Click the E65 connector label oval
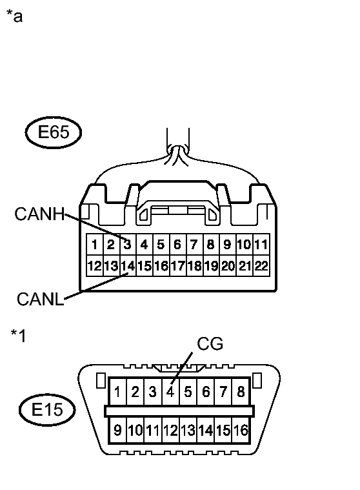(x=54, y=133)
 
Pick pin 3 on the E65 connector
(x=128, y=245)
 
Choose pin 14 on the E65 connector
(x=128, y=265)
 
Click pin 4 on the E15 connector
(x=170, y=391)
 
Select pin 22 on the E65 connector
(x=261, y=265)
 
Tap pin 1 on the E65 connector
(x=94, y=245)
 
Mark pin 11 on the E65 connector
(x=261, y=245)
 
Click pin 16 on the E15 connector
(x=241, y=431)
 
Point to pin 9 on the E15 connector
(x=118, y=431)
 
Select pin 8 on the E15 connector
(x=241, y=391)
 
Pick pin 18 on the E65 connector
(x=194, y=265)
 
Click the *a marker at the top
(x=14, y=16)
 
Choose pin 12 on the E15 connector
(x=170, y=431)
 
